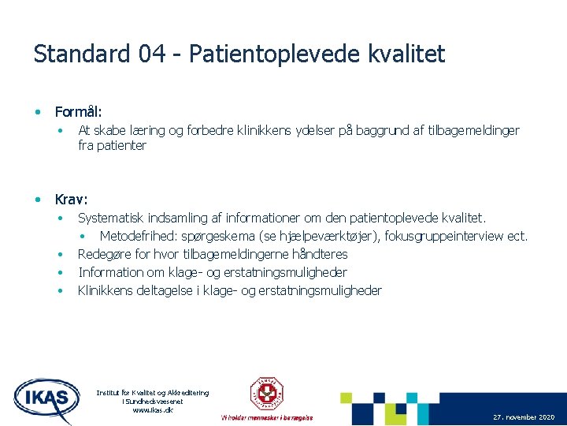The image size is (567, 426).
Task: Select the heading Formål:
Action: click(x=79, y=113)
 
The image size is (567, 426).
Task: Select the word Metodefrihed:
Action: click(x=139, y=236)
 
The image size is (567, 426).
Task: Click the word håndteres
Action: click(x=320, y=254)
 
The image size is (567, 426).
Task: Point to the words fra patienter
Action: click(x=112, y=146)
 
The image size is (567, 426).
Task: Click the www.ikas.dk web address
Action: click(x=153, y=410)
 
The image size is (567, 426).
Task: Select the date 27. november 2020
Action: click(x=524, y=417)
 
